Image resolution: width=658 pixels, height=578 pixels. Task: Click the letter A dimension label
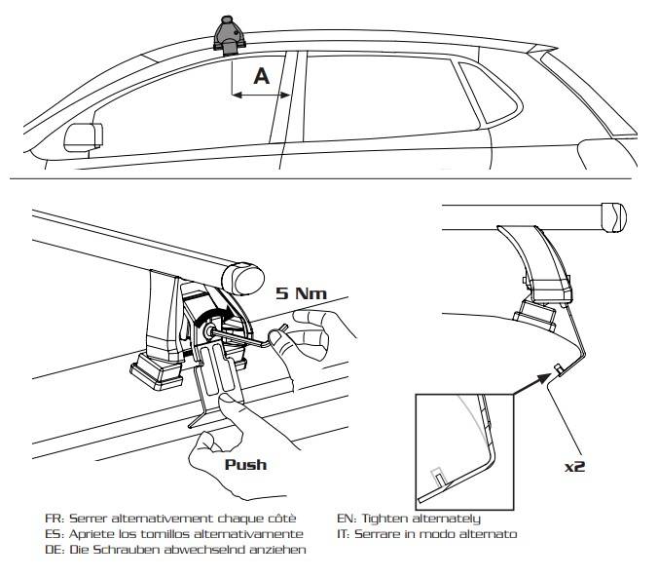(261, 77)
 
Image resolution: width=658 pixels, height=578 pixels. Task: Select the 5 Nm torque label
(301, 291)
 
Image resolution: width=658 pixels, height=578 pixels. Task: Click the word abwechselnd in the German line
(211, 550)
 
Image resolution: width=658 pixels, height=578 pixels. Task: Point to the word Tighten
(410, 518)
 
